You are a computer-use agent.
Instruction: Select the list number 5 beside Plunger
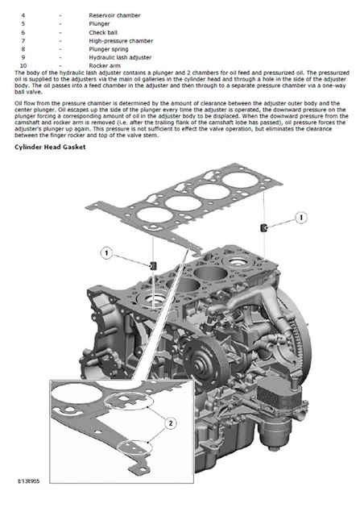23,24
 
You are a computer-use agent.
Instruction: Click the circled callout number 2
170,422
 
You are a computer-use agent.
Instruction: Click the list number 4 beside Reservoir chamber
23,15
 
